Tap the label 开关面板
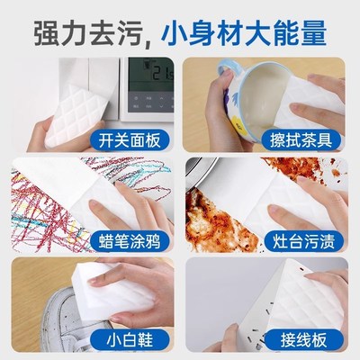point(131,139)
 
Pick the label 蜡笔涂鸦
point(131,240)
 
